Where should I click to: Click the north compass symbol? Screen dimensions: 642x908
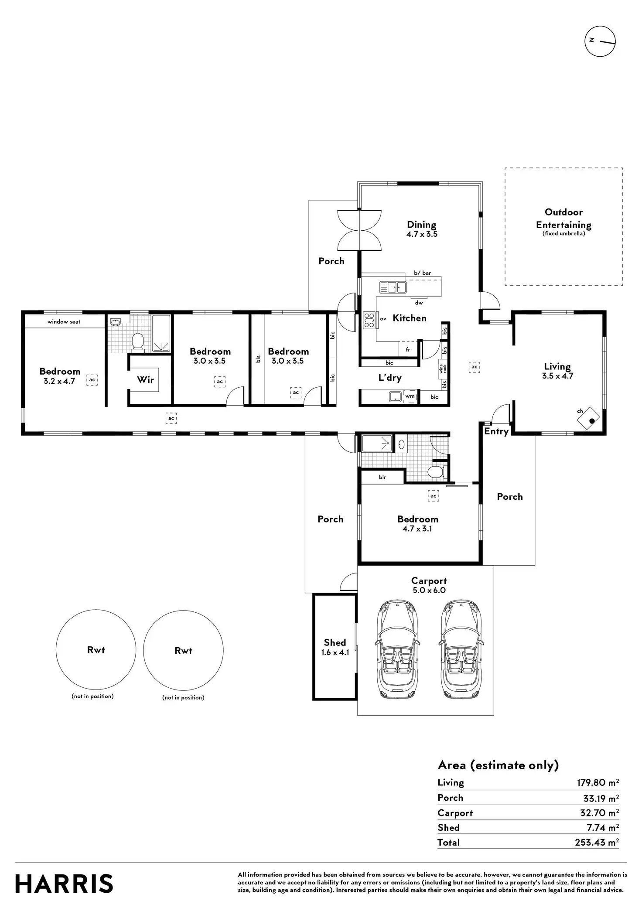click(x=600, y=41)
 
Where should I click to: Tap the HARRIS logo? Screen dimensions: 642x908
click(x=65, y=884)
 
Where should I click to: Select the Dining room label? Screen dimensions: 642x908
click(x=422, y=225)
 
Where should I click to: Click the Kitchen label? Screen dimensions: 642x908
click(x=410, y=318)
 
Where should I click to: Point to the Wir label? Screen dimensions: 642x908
click(x=146, y=380)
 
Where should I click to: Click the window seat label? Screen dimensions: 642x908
click(x=64, y=321)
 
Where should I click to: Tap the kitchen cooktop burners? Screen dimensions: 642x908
click(x=369, y=320)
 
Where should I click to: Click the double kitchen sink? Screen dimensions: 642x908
click(x=393, y=287)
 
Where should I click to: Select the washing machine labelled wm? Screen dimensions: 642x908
click(x=410, y=396)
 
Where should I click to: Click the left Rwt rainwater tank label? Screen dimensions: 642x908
click(x=96, y=650)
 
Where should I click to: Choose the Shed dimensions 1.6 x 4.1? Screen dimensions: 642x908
click(x=335, y=653)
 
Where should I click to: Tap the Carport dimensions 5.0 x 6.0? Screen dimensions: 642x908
click(x=429, y=590)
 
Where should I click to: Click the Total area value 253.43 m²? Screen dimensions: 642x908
click(x=597, y=842)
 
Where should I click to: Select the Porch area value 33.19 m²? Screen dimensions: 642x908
click(x=601, y=798)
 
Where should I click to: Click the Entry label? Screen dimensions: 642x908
click(x=496, y=431)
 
